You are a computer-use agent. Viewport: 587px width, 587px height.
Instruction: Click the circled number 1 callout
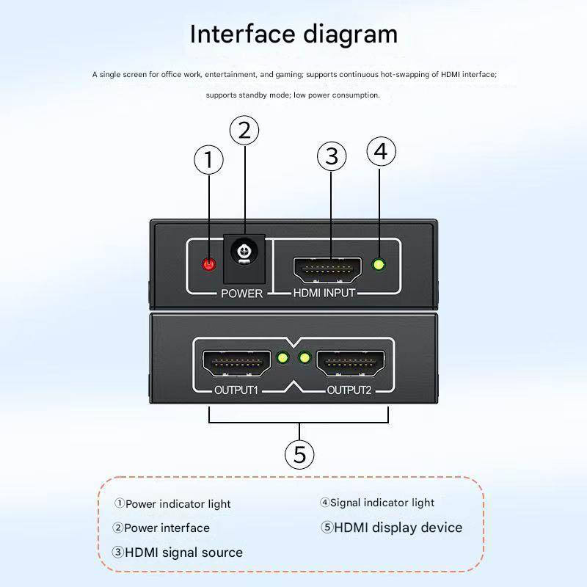[209, 160]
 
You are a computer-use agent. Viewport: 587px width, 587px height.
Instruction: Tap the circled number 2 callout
[244, 131]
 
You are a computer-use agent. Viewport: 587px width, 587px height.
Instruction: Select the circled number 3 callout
[332, 156]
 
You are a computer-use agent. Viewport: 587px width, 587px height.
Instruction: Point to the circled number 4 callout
[380, 151]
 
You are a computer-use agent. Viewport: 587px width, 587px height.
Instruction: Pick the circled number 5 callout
[299, 454]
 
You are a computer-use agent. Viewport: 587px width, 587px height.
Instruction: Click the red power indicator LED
[210, 264]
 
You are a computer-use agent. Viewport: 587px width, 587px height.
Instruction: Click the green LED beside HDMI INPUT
[379, 265]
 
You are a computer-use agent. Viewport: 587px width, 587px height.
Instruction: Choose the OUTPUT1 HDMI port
[235, 362]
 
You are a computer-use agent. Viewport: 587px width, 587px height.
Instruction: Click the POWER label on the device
[241, 293]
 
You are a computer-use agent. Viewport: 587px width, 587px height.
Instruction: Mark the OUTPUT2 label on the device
[349, 390]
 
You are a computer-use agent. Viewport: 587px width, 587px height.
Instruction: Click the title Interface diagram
[293, 34]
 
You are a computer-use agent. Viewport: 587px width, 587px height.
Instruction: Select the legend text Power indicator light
[178, 504]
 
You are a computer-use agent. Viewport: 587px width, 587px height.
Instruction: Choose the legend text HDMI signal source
[183, 553]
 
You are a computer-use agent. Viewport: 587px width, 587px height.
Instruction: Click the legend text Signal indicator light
[382, 503]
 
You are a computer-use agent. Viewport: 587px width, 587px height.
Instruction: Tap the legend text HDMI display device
[398, 528]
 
